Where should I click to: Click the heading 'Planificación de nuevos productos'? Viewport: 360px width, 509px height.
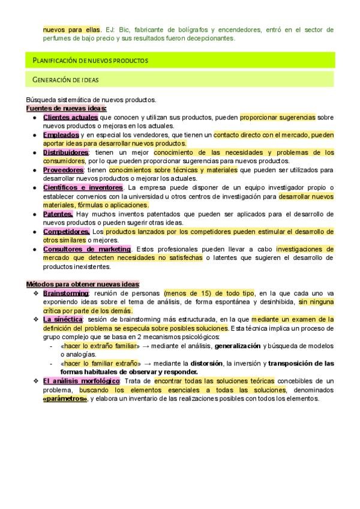(90, 61)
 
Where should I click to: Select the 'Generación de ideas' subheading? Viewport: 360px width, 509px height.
(66, 79)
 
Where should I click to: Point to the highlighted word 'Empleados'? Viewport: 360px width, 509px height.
(61, 135)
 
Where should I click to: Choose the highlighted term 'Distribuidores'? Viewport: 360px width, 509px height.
(66, 152)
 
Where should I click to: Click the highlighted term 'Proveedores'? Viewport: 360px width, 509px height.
(63, 170)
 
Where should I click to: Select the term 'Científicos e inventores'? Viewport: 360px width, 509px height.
(83, 188)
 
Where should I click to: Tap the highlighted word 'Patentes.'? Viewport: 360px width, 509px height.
(58, 214)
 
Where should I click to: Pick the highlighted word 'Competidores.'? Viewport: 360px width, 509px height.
(67, 231)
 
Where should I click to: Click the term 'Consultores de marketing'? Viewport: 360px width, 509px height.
(87, 249)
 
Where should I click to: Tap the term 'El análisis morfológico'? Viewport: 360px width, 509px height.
(82, 381)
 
